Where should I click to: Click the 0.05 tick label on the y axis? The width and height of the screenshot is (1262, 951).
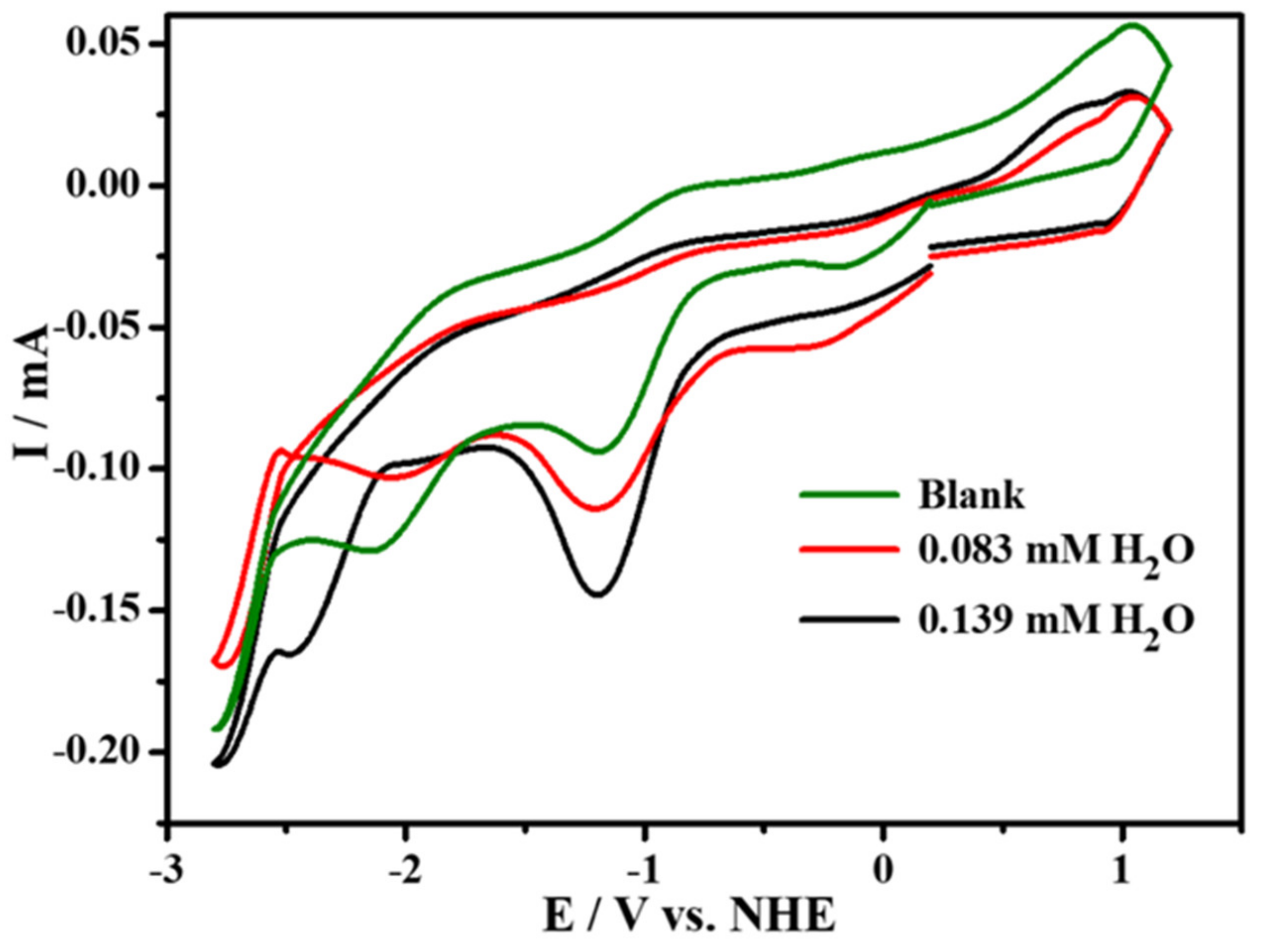[102, 44]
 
